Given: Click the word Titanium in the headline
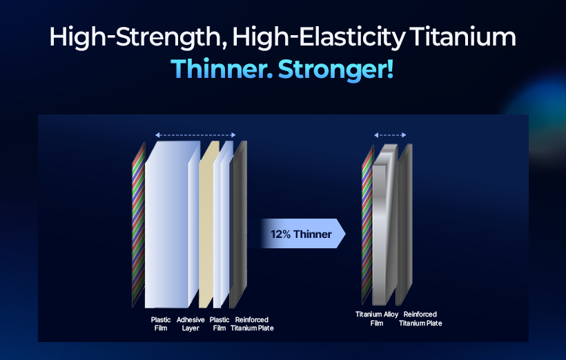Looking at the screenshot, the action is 462,37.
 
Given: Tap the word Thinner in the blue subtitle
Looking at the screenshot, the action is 222,69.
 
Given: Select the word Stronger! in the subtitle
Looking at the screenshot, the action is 335,69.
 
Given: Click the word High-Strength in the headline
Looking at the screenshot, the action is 138,37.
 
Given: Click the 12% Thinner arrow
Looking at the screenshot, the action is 302,233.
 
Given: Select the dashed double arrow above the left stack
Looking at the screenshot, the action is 195,135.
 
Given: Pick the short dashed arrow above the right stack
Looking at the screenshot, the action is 390,135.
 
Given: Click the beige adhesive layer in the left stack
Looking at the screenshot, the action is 208,223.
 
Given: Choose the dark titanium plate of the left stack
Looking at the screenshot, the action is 239,223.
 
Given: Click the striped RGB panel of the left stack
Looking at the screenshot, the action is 139,224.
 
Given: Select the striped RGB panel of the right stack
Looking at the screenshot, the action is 367,225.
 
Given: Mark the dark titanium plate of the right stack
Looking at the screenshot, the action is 404,224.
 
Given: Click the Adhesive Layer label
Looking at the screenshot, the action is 191,324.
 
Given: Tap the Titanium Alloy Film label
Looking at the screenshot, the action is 377,319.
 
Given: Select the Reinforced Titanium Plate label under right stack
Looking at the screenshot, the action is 420,319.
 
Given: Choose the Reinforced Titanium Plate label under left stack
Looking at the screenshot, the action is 252,324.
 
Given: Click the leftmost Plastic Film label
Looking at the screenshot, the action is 161,324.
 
